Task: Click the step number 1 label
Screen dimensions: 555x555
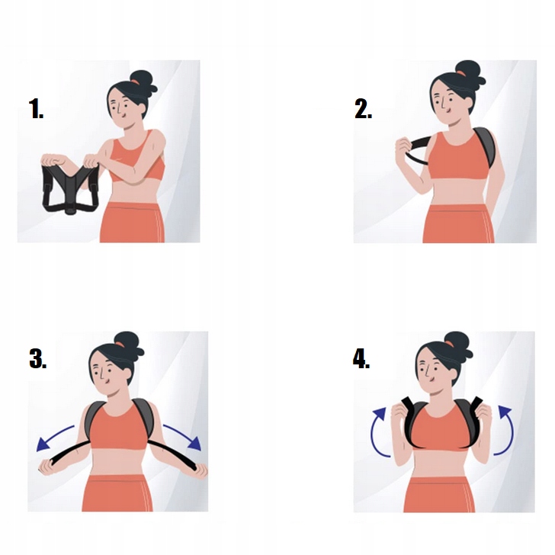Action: [36, 109]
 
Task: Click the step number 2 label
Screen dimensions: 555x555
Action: [363, 109]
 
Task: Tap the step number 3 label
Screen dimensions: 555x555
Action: [37, 358]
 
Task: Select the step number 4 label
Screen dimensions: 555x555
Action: [361, 358]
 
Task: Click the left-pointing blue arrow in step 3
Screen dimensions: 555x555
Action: [53, 436]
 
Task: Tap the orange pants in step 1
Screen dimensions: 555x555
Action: [133, 223]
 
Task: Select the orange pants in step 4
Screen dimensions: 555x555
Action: [439, 494]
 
